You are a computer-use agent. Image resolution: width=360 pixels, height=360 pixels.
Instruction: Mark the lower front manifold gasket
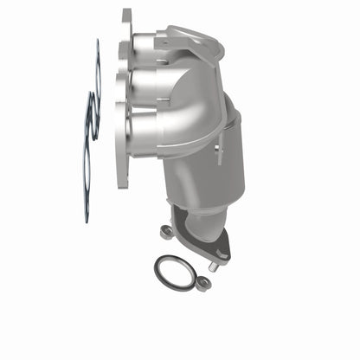(x=87, y=156)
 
